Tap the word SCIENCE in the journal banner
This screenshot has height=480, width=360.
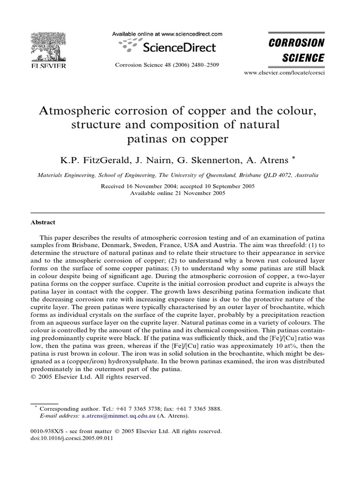302,58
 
